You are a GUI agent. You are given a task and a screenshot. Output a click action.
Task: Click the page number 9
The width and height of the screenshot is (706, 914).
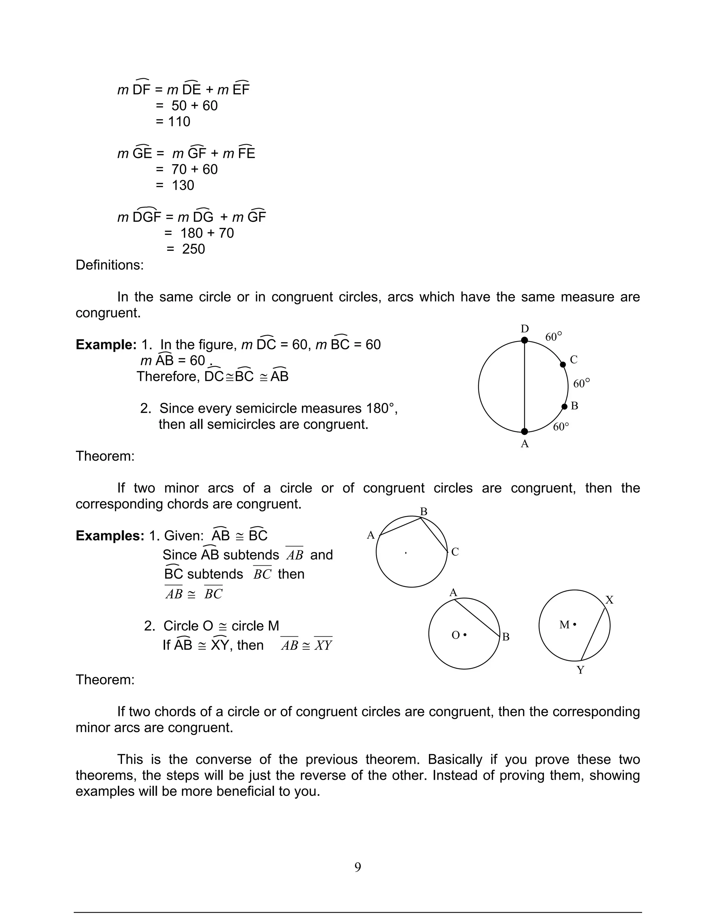pos(357,867)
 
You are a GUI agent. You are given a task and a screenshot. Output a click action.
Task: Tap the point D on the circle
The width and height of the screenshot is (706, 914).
pos(524,340)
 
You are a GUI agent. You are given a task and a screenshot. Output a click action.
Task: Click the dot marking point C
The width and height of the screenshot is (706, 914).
pos(563,365)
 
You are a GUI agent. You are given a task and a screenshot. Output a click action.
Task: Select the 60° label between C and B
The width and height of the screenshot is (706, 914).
pos(581,383)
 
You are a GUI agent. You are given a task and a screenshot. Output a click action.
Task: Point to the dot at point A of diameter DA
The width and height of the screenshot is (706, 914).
pos(524,431)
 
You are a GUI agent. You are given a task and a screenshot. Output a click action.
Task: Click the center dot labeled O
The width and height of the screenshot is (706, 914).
pos(465,635)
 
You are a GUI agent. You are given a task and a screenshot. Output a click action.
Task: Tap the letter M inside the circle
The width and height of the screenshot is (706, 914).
pos(564,625)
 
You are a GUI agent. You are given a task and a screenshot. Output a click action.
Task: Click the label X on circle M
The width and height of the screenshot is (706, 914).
pos(609,600)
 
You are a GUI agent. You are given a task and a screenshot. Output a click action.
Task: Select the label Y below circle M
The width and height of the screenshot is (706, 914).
pos(581,670)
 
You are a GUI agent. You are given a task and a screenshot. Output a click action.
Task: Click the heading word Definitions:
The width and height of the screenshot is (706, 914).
pos(110,265)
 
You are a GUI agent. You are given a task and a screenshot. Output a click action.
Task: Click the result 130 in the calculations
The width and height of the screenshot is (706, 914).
pos(183,185)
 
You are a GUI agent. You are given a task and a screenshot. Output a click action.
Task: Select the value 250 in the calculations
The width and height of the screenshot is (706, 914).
pos(193,249)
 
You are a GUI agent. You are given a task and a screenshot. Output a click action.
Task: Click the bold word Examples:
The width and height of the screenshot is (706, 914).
pos(110,536)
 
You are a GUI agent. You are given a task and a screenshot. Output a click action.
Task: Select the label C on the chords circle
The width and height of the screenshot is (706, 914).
pos(455,552)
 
